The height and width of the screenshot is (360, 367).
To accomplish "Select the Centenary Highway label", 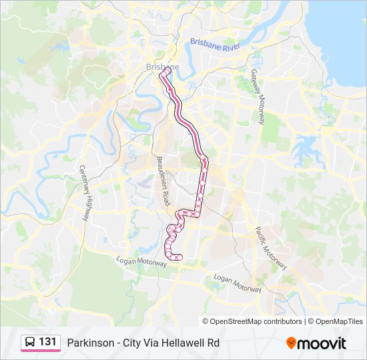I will [85, 193].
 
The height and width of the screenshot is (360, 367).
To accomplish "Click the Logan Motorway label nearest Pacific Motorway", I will [237, 283].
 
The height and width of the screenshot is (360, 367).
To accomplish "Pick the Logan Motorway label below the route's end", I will [141, 263].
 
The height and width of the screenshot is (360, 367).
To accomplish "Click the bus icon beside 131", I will [29, 342].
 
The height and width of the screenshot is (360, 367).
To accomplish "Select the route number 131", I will [47, 342].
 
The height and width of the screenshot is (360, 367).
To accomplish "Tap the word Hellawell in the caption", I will [183, 343].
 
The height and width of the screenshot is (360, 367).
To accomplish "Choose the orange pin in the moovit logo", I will [291, 343].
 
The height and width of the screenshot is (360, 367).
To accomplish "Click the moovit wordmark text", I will [322, 343].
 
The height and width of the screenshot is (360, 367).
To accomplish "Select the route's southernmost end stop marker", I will [179, 257].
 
